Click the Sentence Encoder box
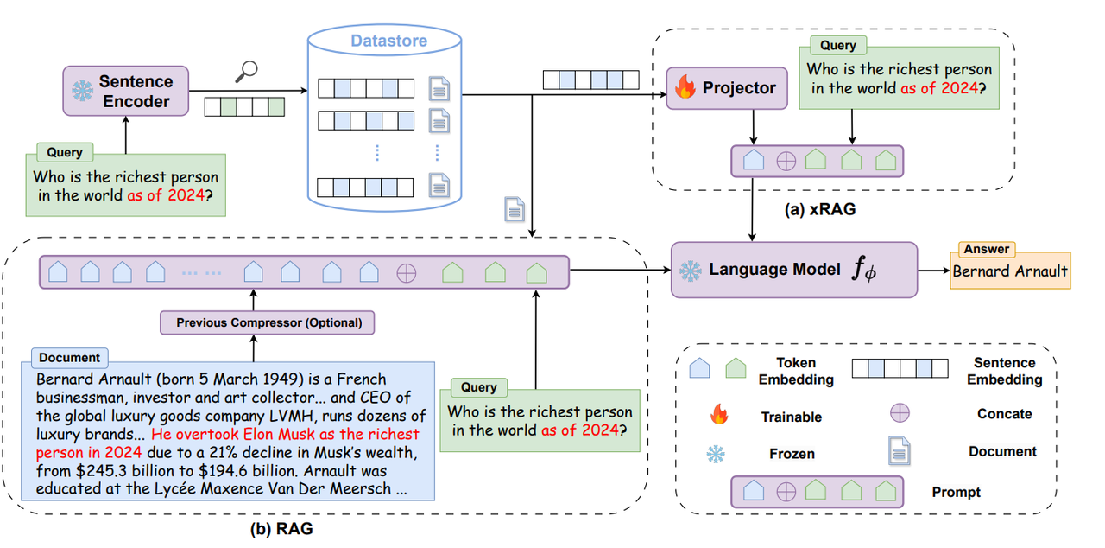pyautogui.click(x=126, y=91)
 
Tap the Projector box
pyautogui.click(x=726, y=88)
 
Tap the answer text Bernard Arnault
pyautogui.click(x=1010, y=271)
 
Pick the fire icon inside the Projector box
pyautogui.click(x=685, y=88)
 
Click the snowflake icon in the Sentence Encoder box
pyautogui.click(x=82, y=91)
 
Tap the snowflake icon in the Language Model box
pyautogui.click(x=690, y=271)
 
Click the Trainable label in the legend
pyautogui.click(x=791, y=417)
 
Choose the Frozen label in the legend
pyautogui.click(x=791, y=454)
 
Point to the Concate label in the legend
pyautogui.click(x=1004, y=414)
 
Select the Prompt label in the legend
pyautogui.click(x=956, y=492)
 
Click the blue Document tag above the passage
pyautogui.click(x=69, y=357)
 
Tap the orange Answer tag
pyautogui.click(x=986, y=249)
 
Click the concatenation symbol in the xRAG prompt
pyautogui.click(x=786, y=161)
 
